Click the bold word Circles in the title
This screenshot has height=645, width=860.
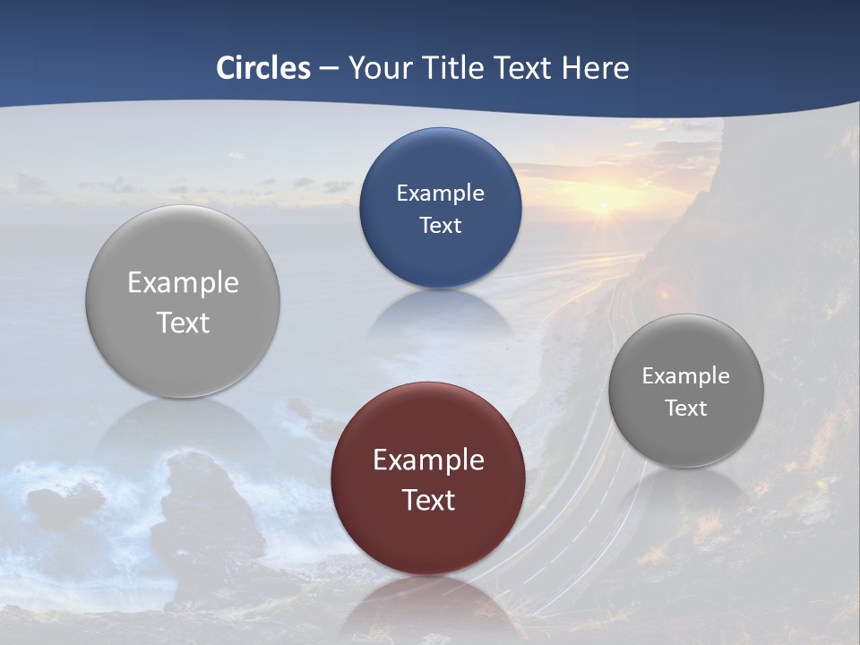tap(262, 68)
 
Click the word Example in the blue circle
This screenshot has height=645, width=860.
tap(440, 193)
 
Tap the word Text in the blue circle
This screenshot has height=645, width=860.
tap(440, 226)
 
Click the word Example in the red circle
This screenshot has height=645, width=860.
tap(428, 460)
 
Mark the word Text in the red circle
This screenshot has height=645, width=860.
tap(428, 500)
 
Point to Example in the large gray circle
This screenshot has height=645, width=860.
tap(183, 283)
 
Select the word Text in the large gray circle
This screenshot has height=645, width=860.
tap(183, 322)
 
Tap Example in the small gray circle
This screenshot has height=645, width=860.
tap(685, 376)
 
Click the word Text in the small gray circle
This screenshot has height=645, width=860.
tap(685, 408)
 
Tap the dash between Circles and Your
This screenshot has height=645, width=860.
tap(329, 69)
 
